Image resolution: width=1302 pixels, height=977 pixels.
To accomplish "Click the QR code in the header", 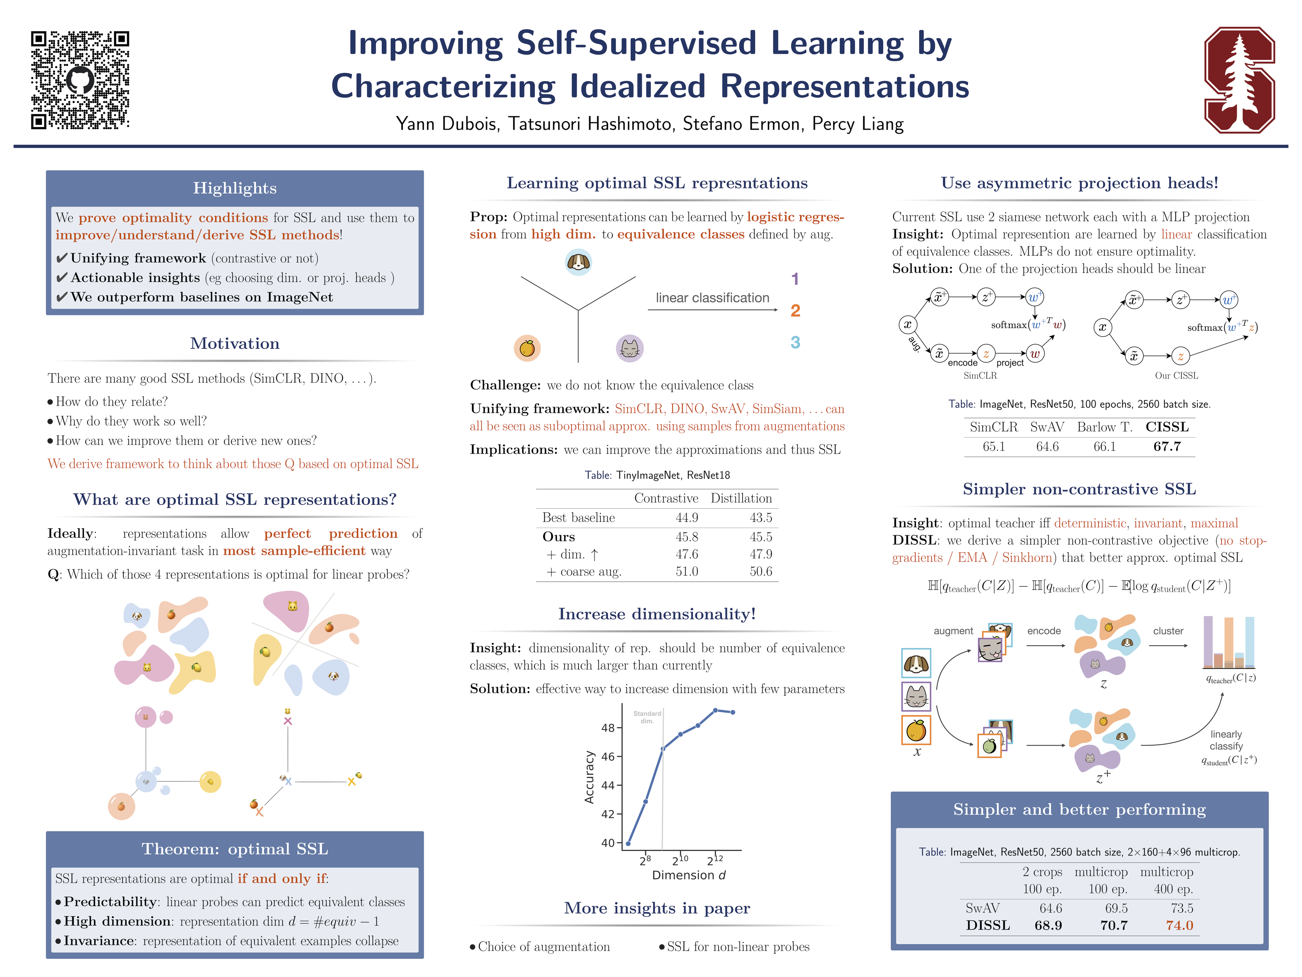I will point(80,80).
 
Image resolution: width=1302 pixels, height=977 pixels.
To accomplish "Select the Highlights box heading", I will point(235,188).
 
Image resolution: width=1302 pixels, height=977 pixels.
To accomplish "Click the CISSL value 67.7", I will point(1167,446).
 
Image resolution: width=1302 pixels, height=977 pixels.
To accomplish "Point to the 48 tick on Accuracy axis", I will point(608,728).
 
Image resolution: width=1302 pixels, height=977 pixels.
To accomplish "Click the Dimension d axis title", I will point(689,875).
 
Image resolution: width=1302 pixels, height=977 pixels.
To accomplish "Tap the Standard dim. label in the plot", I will point(647,717).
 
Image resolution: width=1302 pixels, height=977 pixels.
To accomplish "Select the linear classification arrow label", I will point(712,298).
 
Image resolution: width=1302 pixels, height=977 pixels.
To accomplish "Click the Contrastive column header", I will point(666,498).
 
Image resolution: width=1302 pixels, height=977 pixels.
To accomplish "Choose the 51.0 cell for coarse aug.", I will point(686,571).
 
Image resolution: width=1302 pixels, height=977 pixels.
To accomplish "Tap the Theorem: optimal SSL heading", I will point(235,849).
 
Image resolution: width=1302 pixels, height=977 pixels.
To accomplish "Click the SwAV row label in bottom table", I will point(982,908).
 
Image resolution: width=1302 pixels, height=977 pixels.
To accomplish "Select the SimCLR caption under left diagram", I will point(980,376).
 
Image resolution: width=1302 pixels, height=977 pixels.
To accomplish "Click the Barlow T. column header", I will point(1104,427).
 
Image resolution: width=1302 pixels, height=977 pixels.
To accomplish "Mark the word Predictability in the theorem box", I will point(110,902).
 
